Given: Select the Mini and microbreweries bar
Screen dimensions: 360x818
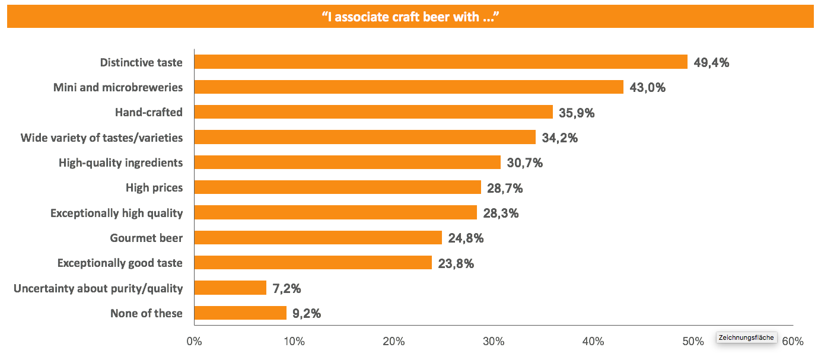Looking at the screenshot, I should [x=409, y=87].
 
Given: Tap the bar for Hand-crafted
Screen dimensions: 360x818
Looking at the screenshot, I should [x=373, y=112].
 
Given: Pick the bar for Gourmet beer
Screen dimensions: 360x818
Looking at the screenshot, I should [x=318, y=238].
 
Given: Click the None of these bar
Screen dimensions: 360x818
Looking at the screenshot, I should [x=240, y=313].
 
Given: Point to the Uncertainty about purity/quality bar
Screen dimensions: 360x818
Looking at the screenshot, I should [x=230, y=288].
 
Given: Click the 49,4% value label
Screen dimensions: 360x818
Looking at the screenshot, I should [x=711, y=62].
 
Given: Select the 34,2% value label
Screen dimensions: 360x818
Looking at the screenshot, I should [x=560, y=138].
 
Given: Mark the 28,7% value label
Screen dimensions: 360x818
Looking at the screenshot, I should [x=505, y=188].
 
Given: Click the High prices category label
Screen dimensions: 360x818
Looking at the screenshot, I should [x=154, y=188].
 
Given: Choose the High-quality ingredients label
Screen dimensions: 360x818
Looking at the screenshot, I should [x=120, y=163].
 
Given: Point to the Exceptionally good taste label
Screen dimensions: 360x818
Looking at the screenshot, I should [x=120, y=263].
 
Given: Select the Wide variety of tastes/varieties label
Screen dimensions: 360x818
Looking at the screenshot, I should [x=101, y=138].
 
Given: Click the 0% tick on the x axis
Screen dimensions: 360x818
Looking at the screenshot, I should [x=194, y=342].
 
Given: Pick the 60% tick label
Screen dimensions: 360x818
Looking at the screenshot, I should [x=793, y=342].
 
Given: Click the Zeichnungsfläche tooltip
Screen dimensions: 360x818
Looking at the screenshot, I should [x=746, y=337].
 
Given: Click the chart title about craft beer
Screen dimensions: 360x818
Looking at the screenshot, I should [x=409, y=17].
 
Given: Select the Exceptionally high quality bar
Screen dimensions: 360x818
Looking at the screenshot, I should [x=335, y=213].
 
